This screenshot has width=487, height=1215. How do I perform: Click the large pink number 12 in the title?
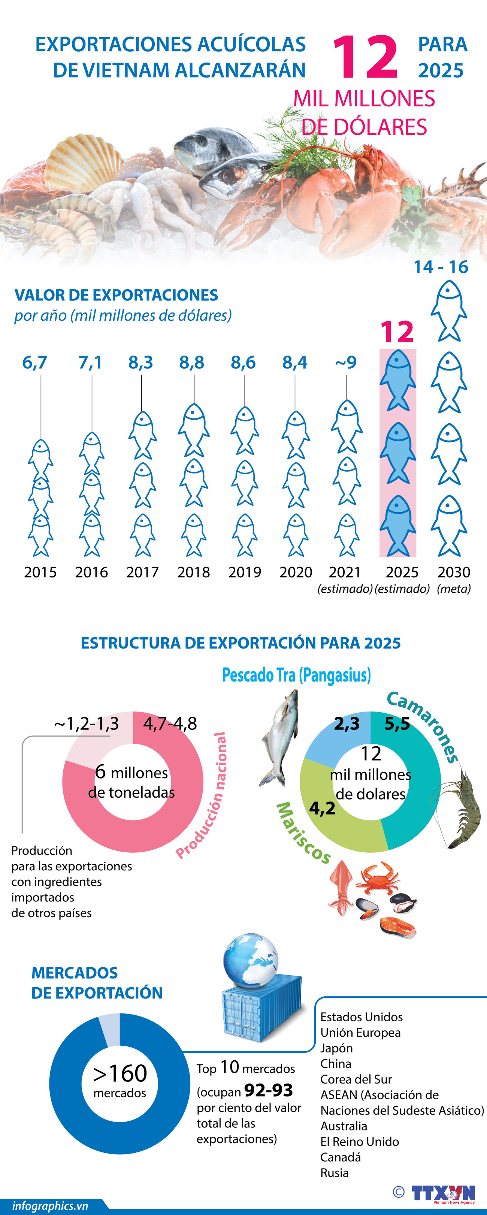click(366, 58)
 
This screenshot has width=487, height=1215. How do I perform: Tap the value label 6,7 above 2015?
click(34, 362)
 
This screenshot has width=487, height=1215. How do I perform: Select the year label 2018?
click(193, 572)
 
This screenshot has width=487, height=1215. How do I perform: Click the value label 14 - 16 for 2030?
click(441, 267)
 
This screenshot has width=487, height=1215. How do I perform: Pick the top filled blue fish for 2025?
click(397, 380)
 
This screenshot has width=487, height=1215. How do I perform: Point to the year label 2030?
click(454, 572)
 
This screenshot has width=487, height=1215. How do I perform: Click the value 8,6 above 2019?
click(243, 362)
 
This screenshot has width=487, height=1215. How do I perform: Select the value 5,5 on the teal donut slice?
click(397, 723)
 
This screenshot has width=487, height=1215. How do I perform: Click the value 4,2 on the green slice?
click(323, 809)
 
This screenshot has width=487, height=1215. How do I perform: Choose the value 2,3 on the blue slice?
click(347, 723)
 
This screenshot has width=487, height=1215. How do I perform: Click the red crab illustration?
click(377, 878)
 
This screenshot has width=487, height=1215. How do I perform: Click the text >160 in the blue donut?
click(120, 1073)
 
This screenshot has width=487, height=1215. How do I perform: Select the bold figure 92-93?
click(269, 1090)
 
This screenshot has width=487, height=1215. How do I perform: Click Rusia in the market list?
click(334, 1173)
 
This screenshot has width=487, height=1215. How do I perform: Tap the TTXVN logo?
click(443, 1193)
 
